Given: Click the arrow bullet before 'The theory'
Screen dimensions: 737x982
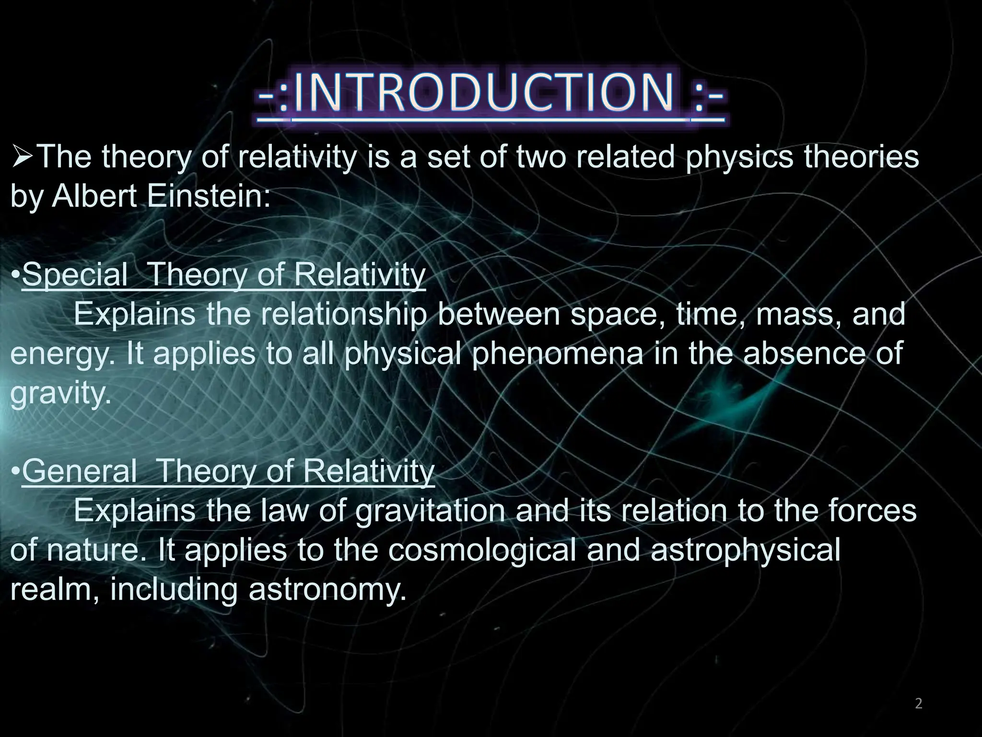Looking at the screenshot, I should (22, 157).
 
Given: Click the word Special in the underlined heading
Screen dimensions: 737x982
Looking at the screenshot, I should (75, 275).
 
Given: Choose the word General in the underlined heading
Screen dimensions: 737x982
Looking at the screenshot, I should (80, 472).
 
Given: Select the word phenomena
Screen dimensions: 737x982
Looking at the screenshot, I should (557, 354).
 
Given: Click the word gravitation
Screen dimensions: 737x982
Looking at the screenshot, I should (430, 511).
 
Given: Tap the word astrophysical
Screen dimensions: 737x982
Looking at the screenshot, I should (745, 550).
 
